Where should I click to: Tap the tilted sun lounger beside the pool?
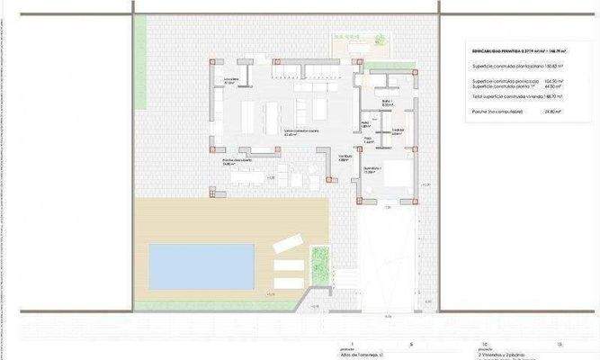(287, 242)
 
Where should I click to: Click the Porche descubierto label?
(237, 162)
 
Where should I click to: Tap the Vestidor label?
(398, 130)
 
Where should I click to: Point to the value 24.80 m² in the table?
(552, 112)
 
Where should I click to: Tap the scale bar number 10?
(486, 345)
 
